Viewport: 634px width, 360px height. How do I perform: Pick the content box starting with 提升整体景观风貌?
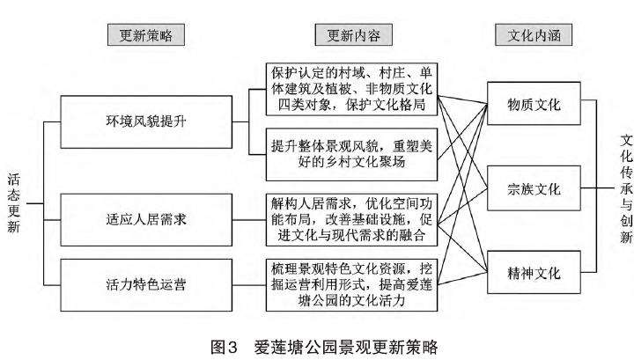pyautogui.click(x=353, y=151)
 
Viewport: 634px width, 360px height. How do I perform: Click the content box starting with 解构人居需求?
pyautogui.click(x=353, y=217)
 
